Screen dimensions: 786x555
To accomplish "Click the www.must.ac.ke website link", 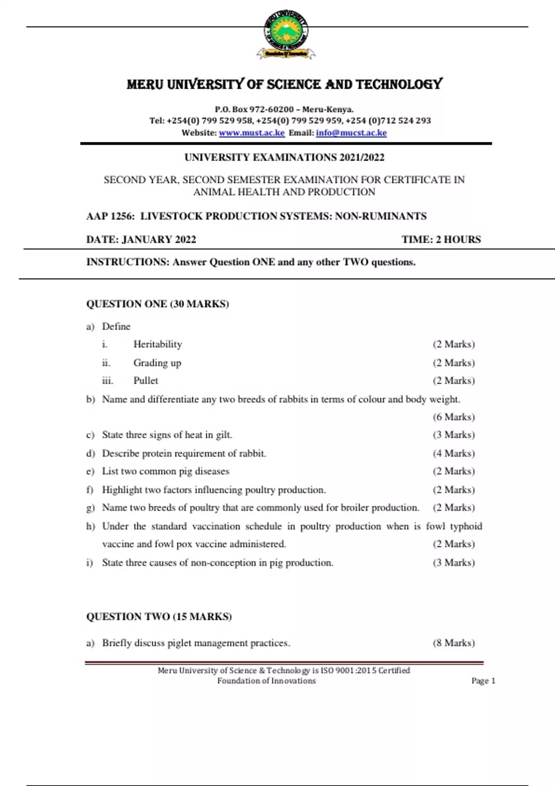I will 252,133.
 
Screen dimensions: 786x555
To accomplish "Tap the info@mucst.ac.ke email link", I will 351,133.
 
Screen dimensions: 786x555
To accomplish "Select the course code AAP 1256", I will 110,216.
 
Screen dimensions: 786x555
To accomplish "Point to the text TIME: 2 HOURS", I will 441,239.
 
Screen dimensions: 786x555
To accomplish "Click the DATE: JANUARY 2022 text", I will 141,239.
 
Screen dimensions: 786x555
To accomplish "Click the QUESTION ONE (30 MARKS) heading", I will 157,304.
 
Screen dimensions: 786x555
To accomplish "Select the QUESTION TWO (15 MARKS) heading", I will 159,616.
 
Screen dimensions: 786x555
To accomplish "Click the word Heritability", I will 158,344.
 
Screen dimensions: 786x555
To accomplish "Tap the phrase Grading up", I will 157,362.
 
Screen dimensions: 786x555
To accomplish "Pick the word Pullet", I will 146,381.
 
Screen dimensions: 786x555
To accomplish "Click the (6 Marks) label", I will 454,417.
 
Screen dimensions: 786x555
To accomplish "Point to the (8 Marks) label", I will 454,643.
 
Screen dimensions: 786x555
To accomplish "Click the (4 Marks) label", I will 454,453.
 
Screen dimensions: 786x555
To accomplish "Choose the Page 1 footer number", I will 483,681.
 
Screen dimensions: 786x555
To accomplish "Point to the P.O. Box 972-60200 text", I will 254,110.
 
